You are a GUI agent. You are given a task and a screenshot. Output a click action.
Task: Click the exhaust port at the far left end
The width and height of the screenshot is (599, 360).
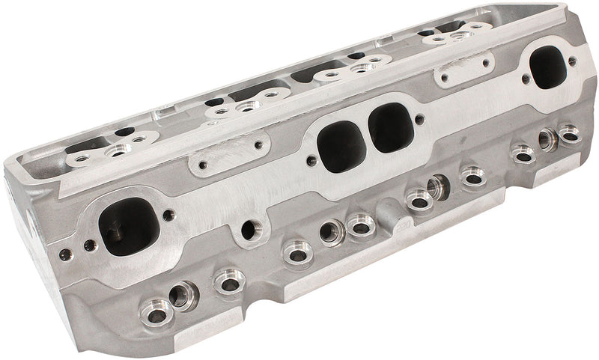pyautogui.click(x=129, y=225)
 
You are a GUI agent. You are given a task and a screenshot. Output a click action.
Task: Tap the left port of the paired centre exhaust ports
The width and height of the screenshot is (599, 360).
pyautogui.click(x=341, y=146)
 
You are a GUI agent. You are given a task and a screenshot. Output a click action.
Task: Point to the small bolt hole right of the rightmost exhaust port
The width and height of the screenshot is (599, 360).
pyautogui.click(x=573, y=61)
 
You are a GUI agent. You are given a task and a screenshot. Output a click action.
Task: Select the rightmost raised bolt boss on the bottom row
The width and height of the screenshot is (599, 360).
pyautogui.click(x=569, y=134)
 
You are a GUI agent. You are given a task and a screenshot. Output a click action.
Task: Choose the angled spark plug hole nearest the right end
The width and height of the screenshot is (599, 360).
pyautogui.click(x=547, y=139)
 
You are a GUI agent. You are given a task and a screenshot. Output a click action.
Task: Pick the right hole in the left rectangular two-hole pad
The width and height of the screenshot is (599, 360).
pyautogui.click(x=258, y=145)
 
